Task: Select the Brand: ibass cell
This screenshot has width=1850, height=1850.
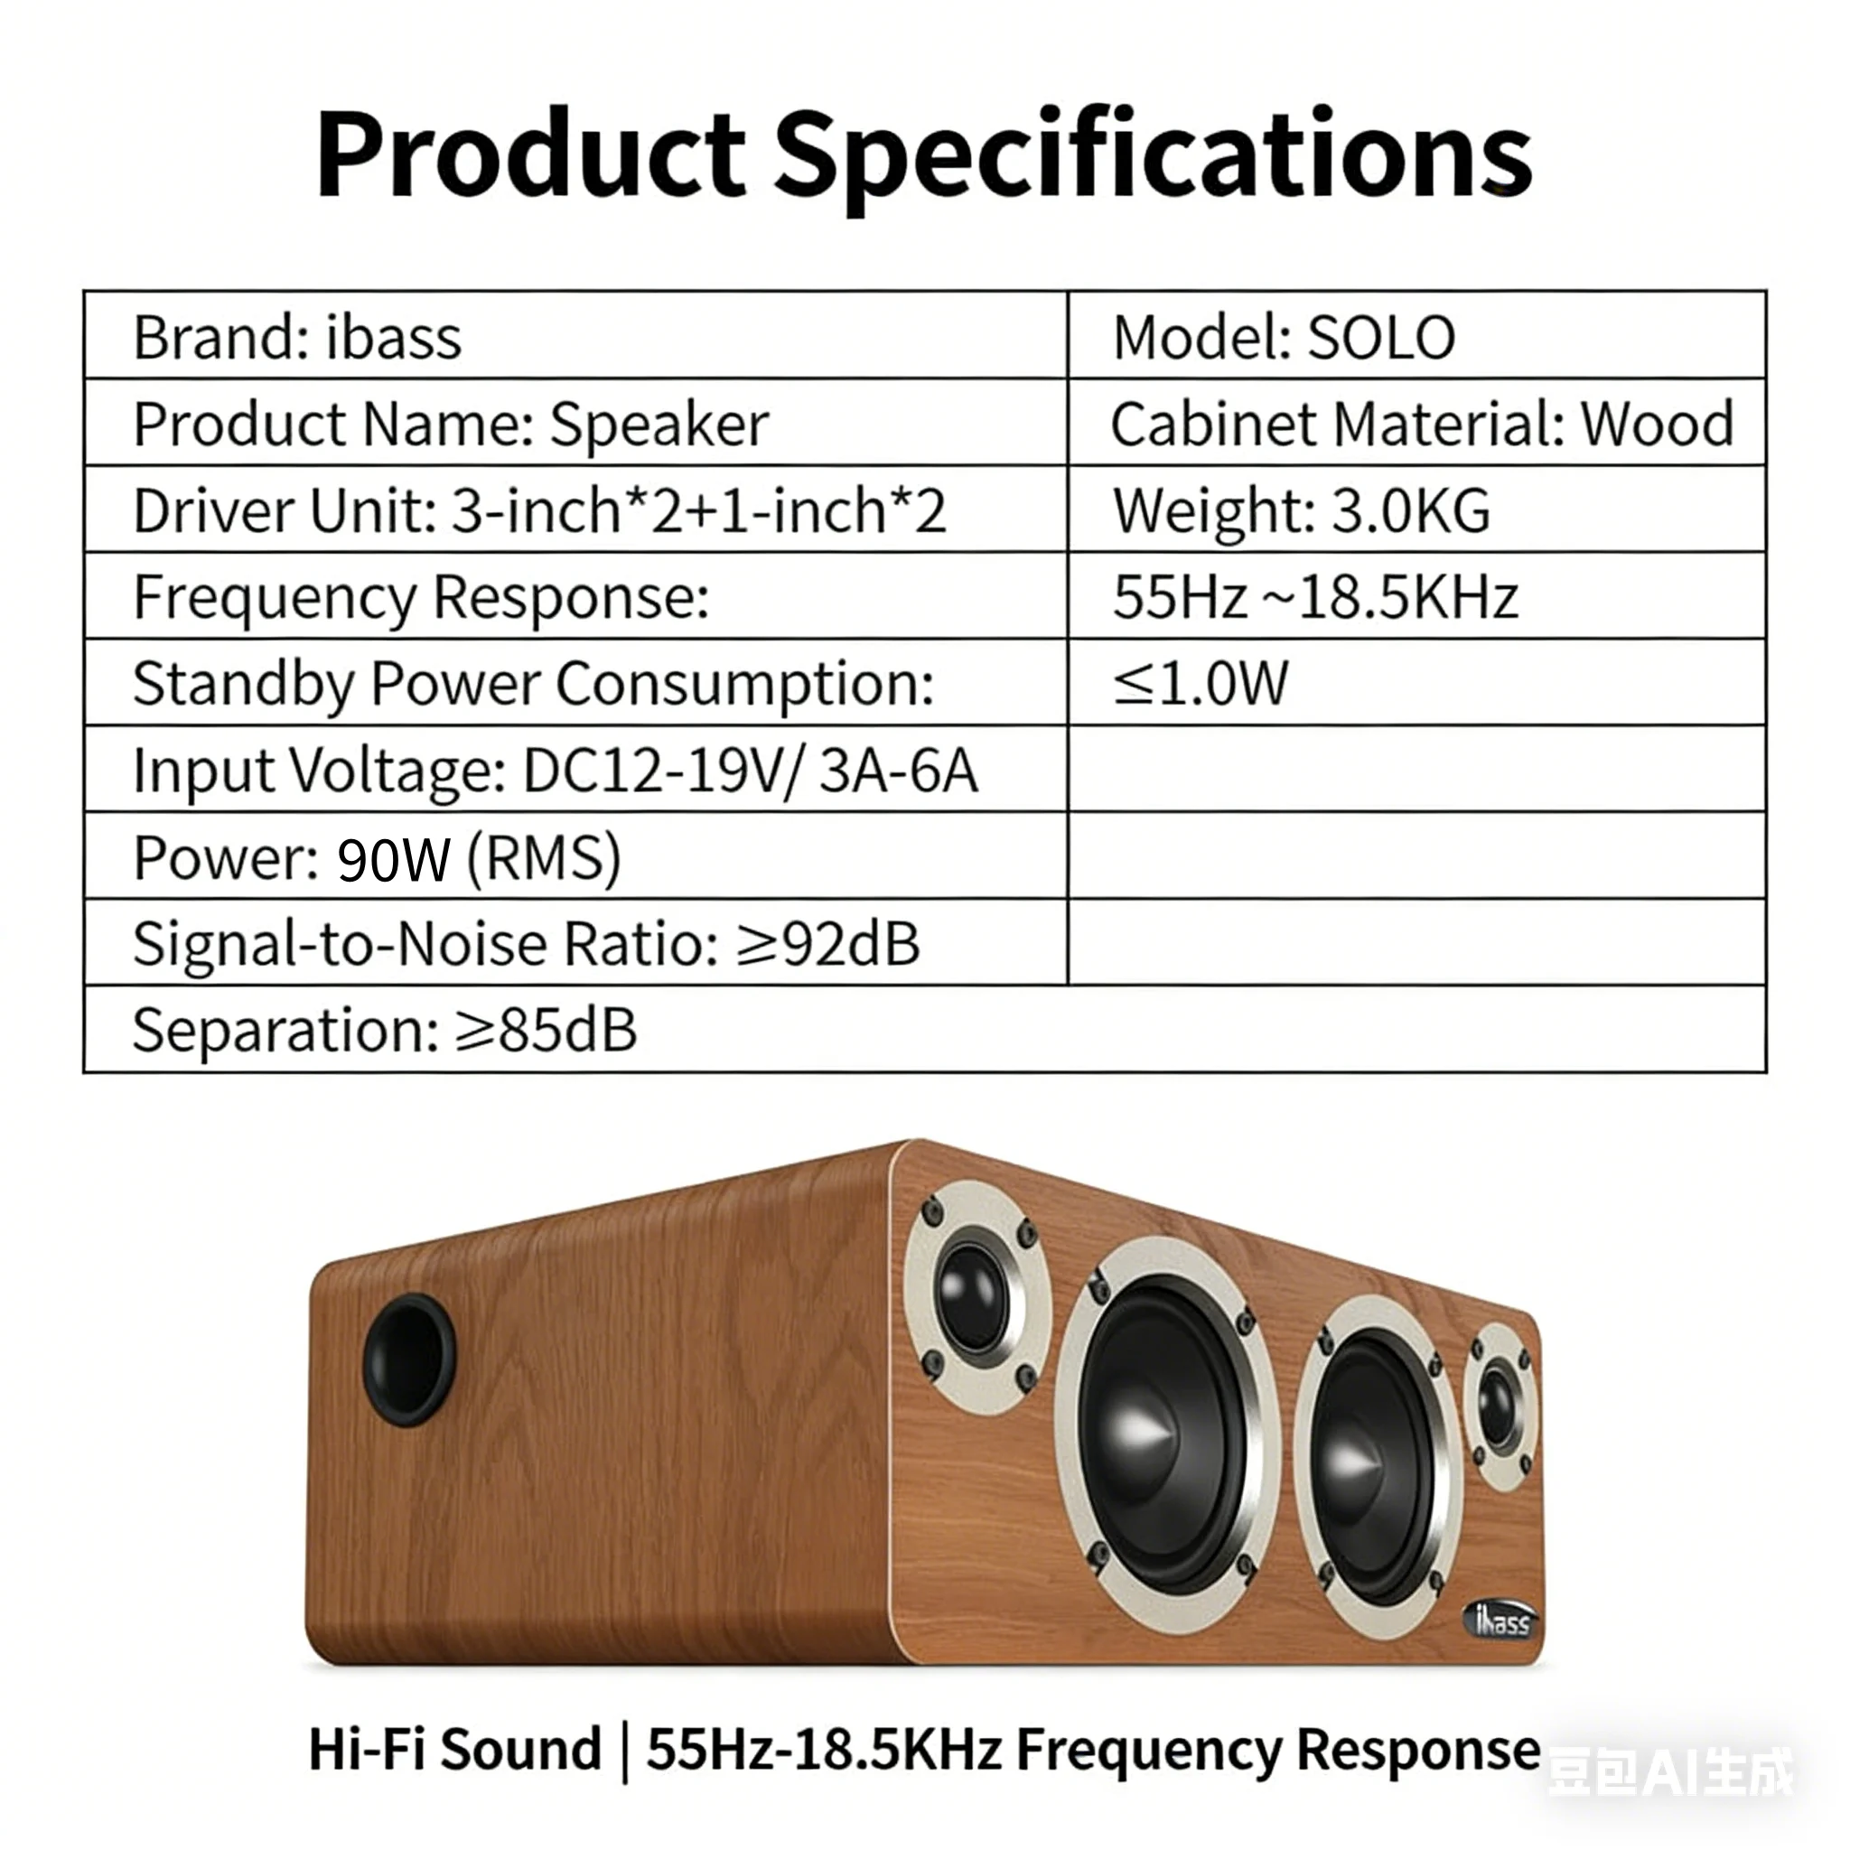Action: (297, 337)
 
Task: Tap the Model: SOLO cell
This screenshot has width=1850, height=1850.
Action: (1283, 337)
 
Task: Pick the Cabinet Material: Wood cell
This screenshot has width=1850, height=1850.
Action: (1421, 424)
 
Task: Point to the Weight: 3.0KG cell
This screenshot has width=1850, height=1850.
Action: (1301, 510)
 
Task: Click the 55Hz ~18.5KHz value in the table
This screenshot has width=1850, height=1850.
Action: (1314, 596)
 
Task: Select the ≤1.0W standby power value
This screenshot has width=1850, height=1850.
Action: (1200, 683)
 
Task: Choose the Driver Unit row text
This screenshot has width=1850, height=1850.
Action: (539, 510)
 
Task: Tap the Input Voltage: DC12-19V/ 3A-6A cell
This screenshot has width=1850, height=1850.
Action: (556, 770)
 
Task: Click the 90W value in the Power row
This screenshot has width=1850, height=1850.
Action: (394, 858)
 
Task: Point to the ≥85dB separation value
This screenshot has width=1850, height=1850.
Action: (545, 1031)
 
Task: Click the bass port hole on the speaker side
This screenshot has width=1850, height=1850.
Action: (409, 1359)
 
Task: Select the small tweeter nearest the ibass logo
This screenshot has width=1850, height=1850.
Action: (1499, 1407)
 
